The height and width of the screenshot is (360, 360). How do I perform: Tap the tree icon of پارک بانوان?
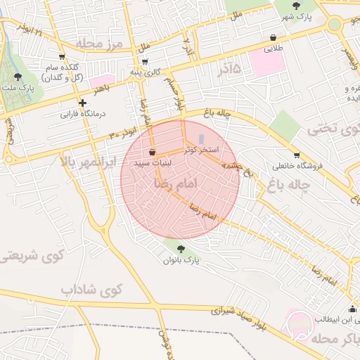pos(181,248)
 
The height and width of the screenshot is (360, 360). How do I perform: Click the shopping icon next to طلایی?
pos(272,37)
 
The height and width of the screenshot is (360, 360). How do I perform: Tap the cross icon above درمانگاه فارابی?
pos(82,103)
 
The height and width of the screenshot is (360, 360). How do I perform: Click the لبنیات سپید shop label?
pos(165,162)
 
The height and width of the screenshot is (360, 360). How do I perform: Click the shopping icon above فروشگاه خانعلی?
pos(296,155)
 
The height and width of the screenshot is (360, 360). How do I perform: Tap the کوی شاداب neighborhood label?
pos(91,289)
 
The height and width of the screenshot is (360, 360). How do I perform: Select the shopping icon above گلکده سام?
pos(62,58)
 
